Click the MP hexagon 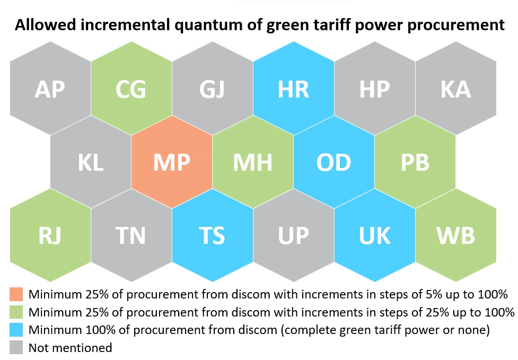[x=172, y=162]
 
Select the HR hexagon [x=294, y=88]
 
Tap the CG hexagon [x=131, y=88]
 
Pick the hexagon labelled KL [x=91, y=162]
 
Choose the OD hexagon [x=334, y=162]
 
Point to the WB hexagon [x=456, y=235]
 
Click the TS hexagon [x=213, y=235]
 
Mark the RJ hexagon [x=50, y=235]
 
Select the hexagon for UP [x=294, y=235]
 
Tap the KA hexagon [x=456, y=88]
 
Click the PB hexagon [x=415, y=162]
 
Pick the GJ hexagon [x=213, y=88]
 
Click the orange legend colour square [x=16, y=294]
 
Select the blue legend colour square [x=16, y=330]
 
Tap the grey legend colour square [x=16, y=347]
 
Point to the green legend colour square [x=16, y=312]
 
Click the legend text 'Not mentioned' [x=71, y=348]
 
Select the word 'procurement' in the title [x=456, y=25]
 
